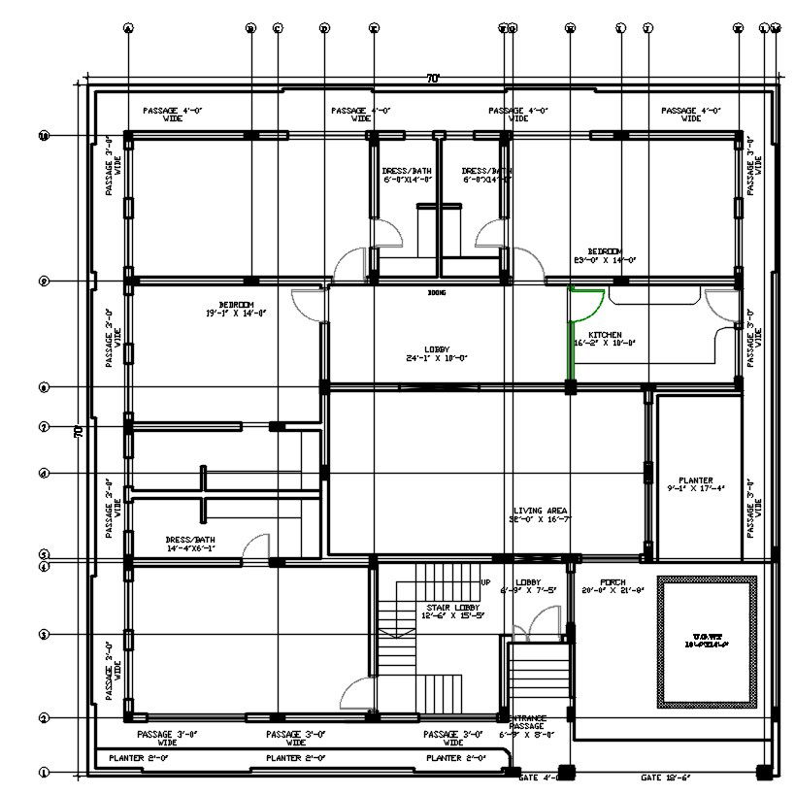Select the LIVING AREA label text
pyautogui.click(x=541, y=515)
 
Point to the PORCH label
pyautogui.click(x=613, y=586)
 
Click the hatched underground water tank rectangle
pyautogui.click(x=706, y=643)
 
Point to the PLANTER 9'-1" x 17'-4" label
pyautogui.click(x=695, y=484)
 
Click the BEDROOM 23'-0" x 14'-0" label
pyautogui.click(x=604, y=255)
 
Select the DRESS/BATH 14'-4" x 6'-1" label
pyautogui.click(x=190, y=544)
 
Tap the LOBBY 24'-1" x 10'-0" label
pyautogui.click(x=437, y=353)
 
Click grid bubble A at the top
pyautogui.click(x=127, y=28)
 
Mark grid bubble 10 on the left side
pyautogui.click(x=44, y=136)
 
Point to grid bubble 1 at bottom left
pyautogui.click(x=44, y=774)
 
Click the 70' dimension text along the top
pyautogui.click(x=432, y=79)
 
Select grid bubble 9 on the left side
pyautogui.click(x=44, y=281)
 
